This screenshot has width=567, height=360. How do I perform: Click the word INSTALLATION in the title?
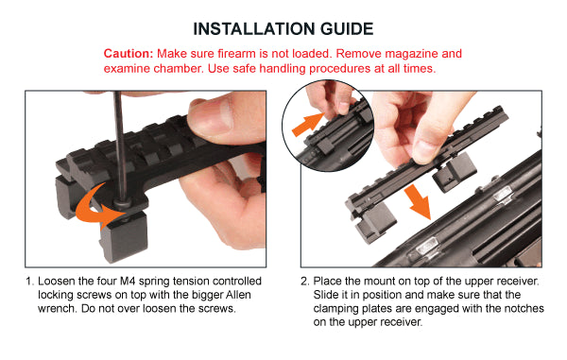[254, 29]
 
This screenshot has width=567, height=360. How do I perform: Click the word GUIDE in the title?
[347, 29]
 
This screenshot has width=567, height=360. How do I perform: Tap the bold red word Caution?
[129, 54]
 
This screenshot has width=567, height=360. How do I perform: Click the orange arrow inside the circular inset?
[307, 124]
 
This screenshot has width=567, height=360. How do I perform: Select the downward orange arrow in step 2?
[419, 201]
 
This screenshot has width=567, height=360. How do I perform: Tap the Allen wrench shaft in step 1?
[120, 145]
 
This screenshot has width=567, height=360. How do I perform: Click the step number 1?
[29, 282]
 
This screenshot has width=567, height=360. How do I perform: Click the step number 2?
[304, 282]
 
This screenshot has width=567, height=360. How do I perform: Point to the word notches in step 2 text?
[524, 308]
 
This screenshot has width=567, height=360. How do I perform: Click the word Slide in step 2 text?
[326, 295]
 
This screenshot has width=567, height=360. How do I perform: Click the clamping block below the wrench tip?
[124, 237]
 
